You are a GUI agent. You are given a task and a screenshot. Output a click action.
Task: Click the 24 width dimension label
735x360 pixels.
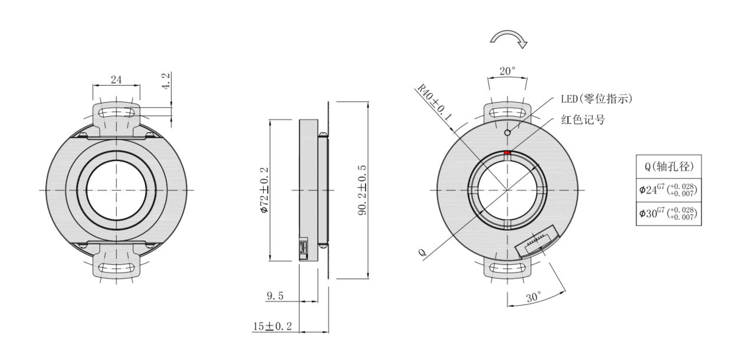click(x=116, y=80)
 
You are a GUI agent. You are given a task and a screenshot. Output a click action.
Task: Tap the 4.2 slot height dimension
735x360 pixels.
click(x=166, y=81)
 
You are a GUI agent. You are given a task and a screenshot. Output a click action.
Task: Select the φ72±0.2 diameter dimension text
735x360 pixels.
click(x=264, y=191)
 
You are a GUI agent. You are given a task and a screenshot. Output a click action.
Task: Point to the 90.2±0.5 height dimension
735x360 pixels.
click(x=362, y=191)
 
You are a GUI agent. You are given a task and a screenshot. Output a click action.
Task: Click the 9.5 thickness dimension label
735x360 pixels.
click(x=275, y=296)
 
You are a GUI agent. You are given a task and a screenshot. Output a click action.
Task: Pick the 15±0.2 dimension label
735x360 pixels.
click(x=273, y=326)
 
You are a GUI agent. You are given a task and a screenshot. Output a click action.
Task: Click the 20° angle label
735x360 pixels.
click(x=508, y=71)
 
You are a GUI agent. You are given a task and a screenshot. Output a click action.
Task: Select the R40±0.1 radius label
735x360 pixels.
click(x=434, y=102)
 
